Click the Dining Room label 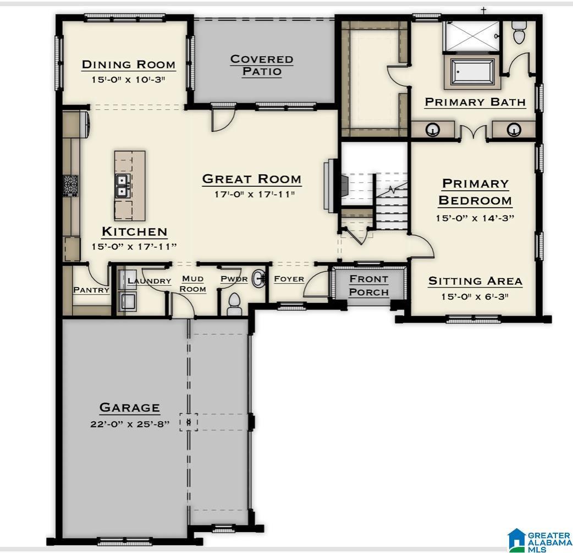tap(129, 65)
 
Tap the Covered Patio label tap(261, 65)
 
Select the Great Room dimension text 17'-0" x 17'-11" tap(251, 194)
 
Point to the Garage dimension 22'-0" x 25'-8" tap(130, 424)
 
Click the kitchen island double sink tap(122, 186)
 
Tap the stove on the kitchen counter tap(71, 185)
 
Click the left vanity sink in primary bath tap(434, 130)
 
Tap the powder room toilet tap(235, 303)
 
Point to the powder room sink tap(257, 279)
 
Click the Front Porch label tap(369, 285)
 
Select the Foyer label tap(289, 279)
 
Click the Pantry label tap(91, 290)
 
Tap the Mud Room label tap(193, 284)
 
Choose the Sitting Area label tap(475, 281)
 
